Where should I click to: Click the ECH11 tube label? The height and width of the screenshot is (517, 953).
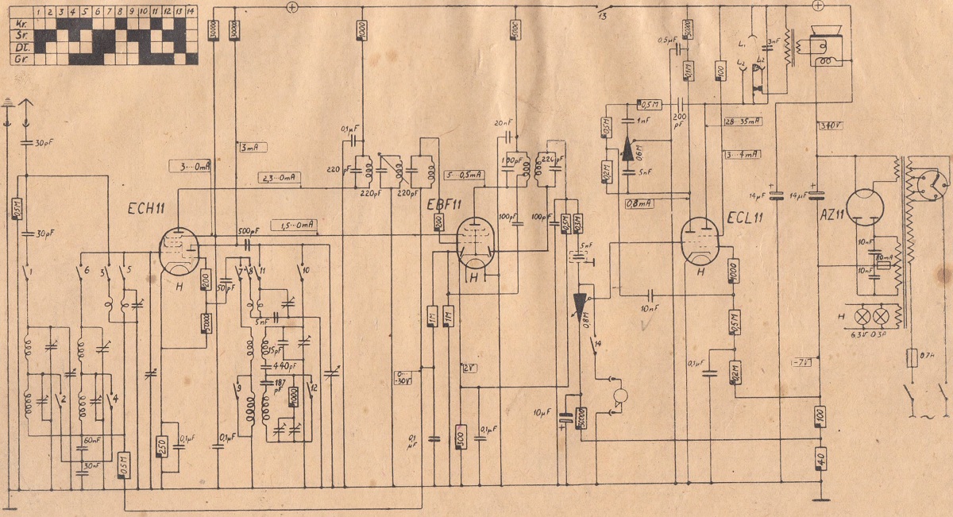147,210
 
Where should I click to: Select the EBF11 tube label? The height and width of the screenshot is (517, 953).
442,204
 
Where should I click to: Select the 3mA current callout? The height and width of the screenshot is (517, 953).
252,147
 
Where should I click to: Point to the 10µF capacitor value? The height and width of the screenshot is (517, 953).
543,412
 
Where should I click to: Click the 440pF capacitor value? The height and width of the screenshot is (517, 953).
278,366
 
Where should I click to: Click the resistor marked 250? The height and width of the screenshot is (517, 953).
163,446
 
